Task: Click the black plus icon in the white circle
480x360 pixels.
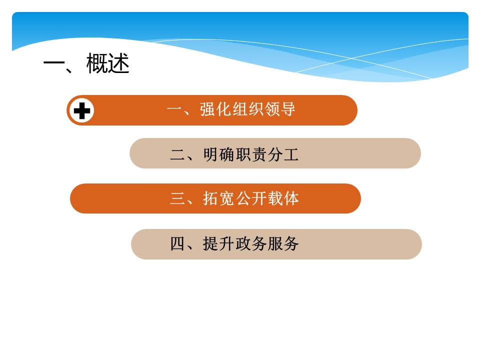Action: point(82,110)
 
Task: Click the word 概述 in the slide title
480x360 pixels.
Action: point(108,63)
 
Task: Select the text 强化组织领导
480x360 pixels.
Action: point(247,109)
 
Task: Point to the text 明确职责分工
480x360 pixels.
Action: point(251,154)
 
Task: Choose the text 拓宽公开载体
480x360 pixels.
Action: point(251,198)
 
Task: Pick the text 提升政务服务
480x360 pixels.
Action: point(251,244)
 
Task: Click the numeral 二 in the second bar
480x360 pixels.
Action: point(178,154)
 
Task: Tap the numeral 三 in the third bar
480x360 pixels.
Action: point(178,198)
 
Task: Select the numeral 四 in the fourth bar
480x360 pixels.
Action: point(178,244)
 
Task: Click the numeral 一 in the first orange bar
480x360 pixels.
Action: point(174,109)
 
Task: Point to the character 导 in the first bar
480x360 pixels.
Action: point(288,109)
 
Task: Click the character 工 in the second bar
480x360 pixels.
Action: point(291,154)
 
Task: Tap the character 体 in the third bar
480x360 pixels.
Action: point(291,198)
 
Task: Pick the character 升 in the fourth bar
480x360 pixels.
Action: point(227,244)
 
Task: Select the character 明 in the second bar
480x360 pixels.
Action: point(211,154)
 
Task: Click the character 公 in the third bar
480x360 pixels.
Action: point(243,198)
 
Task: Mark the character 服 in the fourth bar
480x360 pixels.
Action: point(275,244)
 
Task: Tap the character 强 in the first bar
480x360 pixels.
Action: point(207,109)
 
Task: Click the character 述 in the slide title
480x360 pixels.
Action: point(119,63)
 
